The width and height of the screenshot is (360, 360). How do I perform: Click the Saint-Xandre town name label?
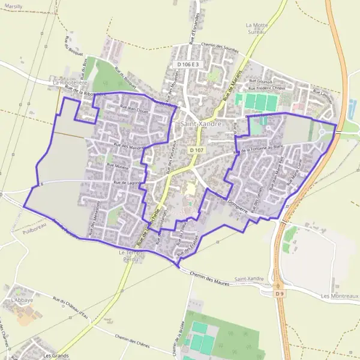pos(201,124)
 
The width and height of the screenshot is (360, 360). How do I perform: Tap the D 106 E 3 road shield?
pos(191,64)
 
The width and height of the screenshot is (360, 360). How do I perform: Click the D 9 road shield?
pos(279,293)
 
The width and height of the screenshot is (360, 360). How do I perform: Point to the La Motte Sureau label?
pos(257,28)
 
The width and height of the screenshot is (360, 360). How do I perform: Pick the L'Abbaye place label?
pos(20,298)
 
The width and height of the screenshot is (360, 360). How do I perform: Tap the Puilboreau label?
pos(32,229)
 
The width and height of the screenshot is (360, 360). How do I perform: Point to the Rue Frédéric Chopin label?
pos(266,88)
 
